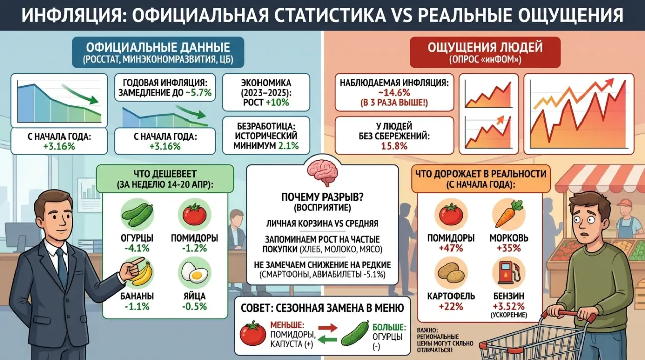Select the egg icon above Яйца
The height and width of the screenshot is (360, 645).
coord(194,273)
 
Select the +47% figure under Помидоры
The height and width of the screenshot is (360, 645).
coord(451,248)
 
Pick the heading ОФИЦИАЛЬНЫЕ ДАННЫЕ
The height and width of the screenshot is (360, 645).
coord(158,48)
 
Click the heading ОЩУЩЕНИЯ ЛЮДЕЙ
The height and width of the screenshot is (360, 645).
coord(485,48)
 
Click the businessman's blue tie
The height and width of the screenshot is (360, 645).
coord(62,267)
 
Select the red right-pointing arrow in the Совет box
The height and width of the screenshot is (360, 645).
coord(328,328)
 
